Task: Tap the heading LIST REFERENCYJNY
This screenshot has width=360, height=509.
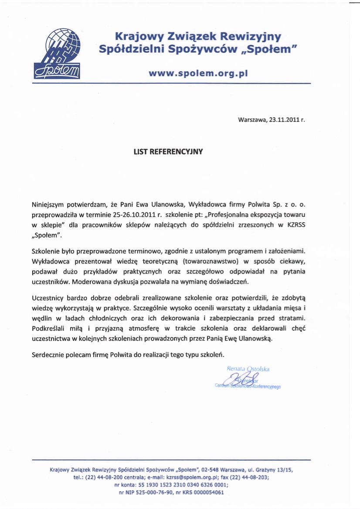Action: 168,152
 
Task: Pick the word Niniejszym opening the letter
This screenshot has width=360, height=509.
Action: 49,204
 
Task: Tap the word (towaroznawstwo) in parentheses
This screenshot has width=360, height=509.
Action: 211,261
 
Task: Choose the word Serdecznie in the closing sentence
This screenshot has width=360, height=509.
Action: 48,354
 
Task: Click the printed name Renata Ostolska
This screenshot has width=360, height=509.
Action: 248,369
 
